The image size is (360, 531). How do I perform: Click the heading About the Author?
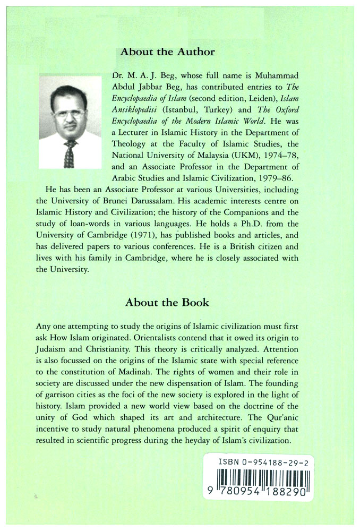(167, 52)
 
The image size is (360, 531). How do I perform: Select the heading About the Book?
(167, 302)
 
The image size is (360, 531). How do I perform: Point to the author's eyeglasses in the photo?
(68, 113)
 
